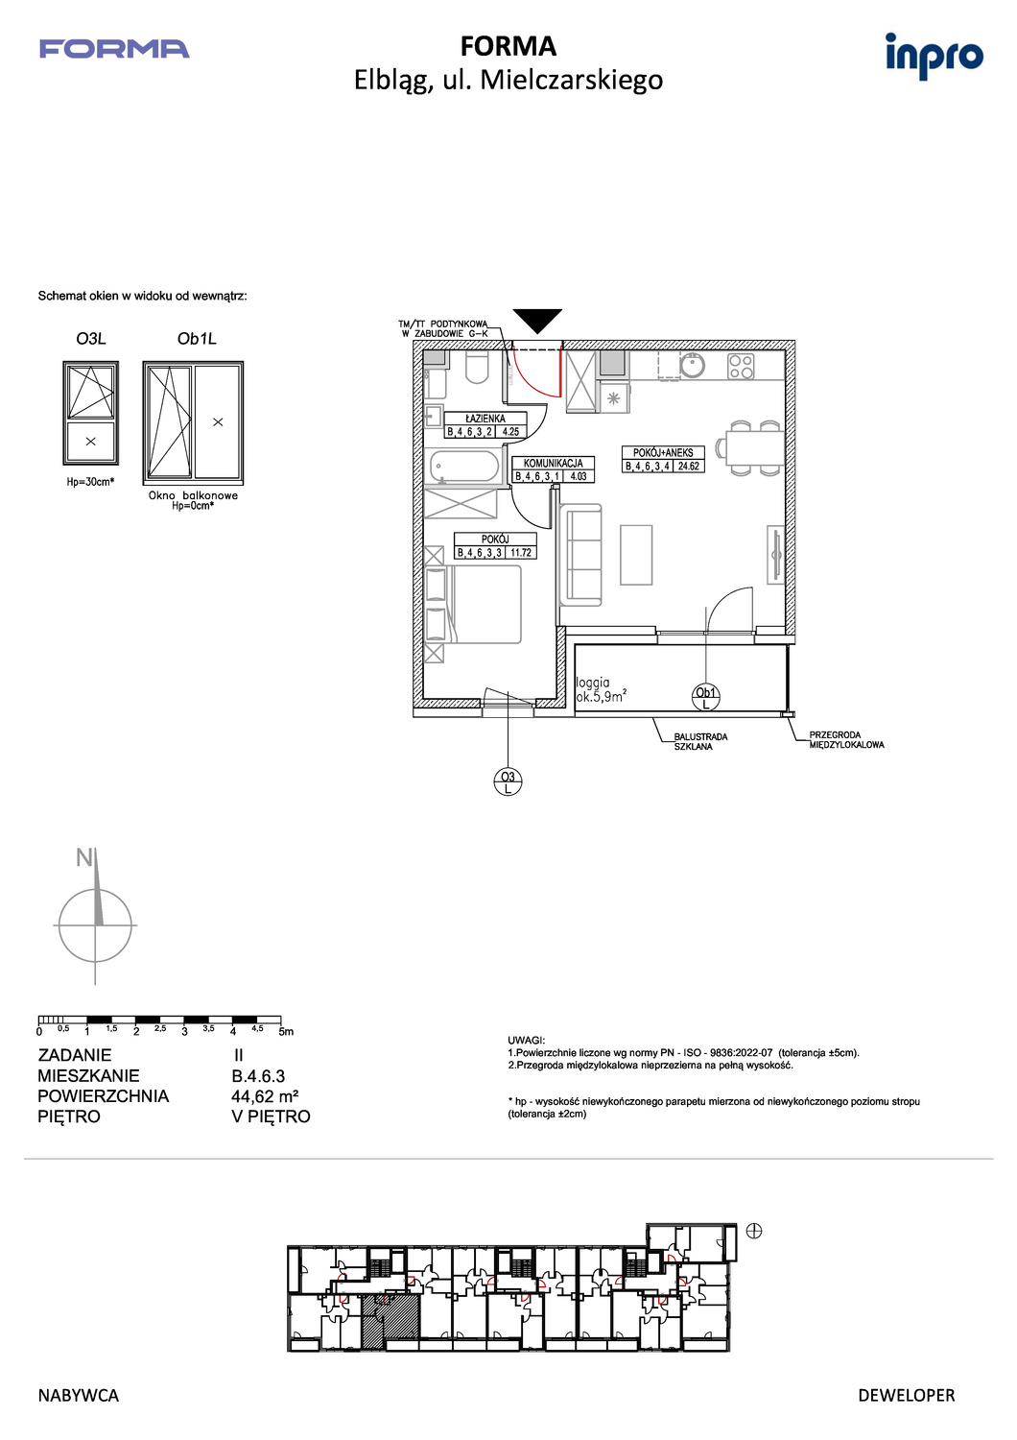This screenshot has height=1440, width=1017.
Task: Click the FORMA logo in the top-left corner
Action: (x=114, y=49)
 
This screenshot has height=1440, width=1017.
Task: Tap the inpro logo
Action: (x=934, y=56)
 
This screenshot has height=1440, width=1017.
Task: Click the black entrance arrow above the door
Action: (x=537, y=321)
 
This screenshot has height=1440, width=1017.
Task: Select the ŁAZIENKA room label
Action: (x=485, y=419)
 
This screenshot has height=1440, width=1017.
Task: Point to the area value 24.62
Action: (x=689, y=466)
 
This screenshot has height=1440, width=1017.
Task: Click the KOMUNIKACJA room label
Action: (x=554, y=463)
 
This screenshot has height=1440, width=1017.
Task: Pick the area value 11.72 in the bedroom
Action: (x=521, y=552)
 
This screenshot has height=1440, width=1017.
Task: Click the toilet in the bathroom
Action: (x=477, y=367)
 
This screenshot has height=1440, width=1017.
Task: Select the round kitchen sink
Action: (x=692, y=366)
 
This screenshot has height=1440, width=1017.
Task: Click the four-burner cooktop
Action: (x=741, y=367)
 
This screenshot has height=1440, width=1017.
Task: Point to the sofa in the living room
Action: (x=580, y=555)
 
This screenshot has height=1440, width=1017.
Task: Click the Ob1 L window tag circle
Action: (x=705, y=698)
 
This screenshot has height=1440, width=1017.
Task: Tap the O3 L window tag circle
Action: (x=508, y=782)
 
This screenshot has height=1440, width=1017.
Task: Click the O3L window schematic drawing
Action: (x=90, y=413)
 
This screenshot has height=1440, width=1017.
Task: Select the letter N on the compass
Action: (x=84, y=857)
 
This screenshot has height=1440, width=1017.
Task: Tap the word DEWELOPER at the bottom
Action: (x=907, y=1396)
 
